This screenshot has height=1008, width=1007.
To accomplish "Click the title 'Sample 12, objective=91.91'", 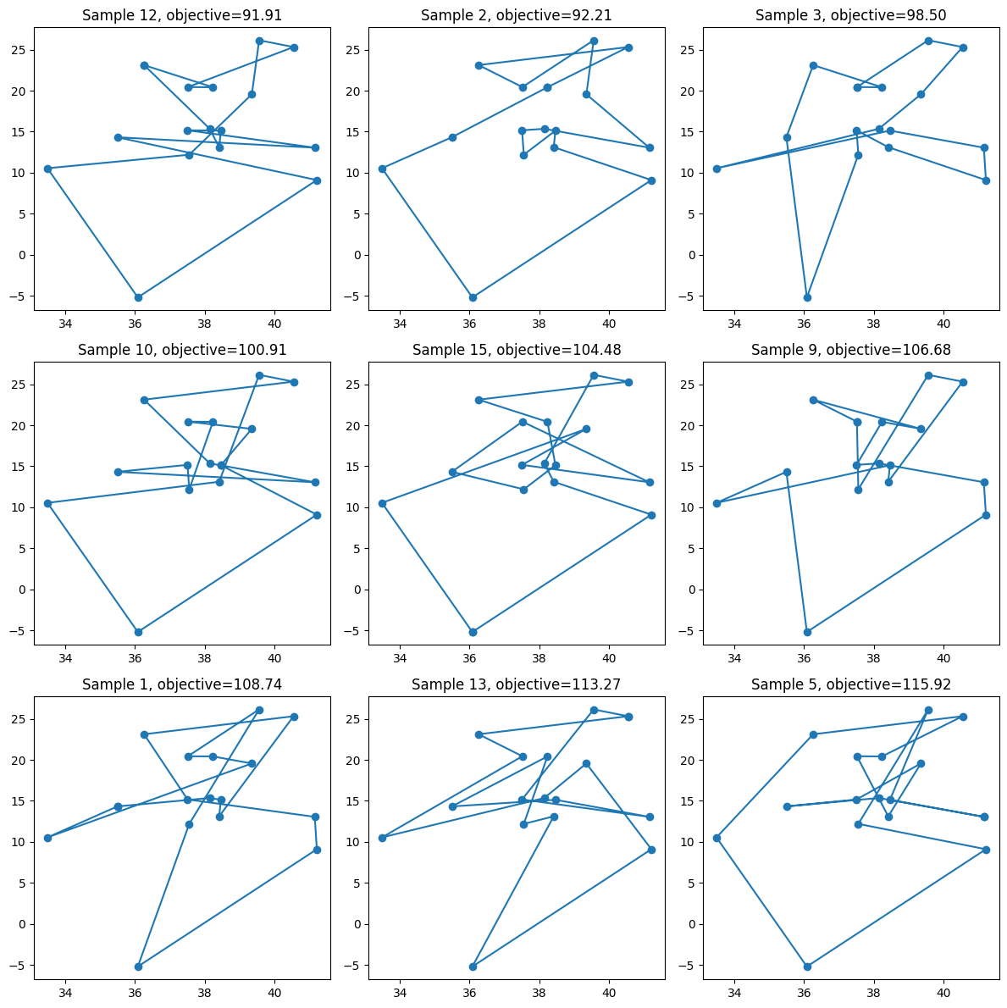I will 182,15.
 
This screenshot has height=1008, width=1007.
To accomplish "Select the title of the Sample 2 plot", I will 517,15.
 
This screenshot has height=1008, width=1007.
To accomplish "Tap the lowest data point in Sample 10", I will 138,632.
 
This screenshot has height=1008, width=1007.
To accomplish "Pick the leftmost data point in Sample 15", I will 382,503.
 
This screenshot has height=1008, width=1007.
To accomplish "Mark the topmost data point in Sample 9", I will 928,375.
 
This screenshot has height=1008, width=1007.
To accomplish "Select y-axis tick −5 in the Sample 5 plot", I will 689,965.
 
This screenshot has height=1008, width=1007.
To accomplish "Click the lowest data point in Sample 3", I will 807,297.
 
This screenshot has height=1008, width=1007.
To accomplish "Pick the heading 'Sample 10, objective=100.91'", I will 182,350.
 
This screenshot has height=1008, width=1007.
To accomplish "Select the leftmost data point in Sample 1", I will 47,838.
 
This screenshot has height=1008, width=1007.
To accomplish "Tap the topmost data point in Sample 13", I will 594,710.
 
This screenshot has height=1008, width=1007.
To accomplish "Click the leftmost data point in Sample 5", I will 717,838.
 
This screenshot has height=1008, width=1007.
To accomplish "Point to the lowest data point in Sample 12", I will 138,297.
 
